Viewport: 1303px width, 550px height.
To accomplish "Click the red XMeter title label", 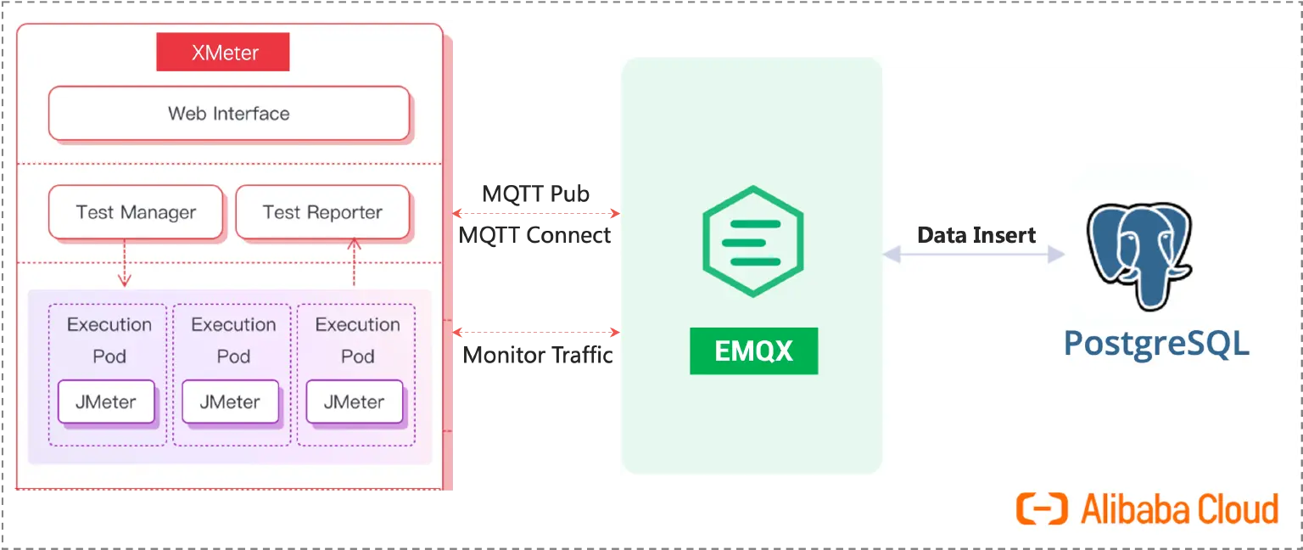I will tap(223, 53).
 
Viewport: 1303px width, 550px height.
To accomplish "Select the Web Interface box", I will tap(229, 114).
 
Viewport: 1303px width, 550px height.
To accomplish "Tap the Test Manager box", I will tap(136, 212).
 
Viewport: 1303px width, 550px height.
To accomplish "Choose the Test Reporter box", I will tap(322, 212).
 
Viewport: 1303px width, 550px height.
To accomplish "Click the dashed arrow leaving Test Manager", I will tap(125, 263).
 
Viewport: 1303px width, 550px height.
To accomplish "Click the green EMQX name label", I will tap(753, 351).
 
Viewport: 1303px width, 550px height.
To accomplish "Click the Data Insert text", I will tap(976, 235).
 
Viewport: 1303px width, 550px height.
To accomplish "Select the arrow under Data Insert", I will tap(973, 254).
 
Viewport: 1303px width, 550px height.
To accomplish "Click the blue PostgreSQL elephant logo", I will tap(1138, 255).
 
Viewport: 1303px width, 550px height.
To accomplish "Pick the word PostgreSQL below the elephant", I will tap(1156, 344).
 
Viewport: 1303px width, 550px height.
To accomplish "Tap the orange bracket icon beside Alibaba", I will tap(1042, 509).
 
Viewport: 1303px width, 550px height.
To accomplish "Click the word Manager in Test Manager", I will tap(159, 212).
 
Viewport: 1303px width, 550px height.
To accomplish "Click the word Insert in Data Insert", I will tap(1007, 235).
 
